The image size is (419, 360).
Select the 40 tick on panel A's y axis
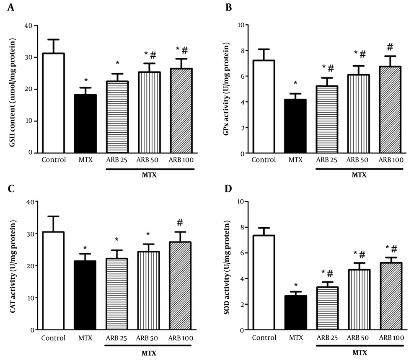(x=29, y=25)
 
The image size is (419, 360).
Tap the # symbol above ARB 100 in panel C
(x=177, y=222)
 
